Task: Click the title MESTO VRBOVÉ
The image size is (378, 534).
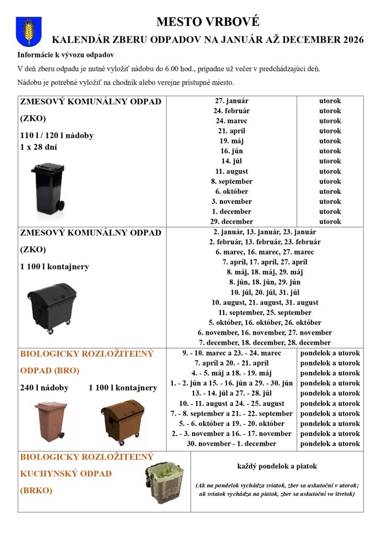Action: click(207, 22)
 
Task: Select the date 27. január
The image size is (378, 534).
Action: click(231, 101)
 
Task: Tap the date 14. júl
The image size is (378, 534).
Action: click(231, 161)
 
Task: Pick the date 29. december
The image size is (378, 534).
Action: click(231, 222)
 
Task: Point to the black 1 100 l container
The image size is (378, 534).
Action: click(52, 308)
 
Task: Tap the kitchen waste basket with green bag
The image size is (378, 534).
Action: click(164, 482)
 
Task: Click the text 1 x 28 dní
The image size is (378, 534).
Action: click(39, 147)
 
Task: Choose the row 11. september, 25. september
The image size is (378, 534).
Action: click(265, 312)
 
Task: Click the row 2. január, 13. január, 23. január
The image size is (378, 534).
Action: click(265, 232)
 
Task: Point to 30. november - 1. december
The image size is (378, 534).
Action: click(231, 444)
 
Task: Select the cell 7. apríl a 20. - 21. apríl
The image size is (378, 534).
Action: click(231, 363)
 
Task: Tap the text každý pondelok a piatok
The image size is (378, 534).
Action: click(277, 466)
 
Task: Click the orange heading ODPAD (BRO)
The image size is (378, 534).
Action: click(50, 371)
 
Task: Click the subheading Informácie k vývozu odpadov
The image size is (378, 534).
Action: click(66, 55)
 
